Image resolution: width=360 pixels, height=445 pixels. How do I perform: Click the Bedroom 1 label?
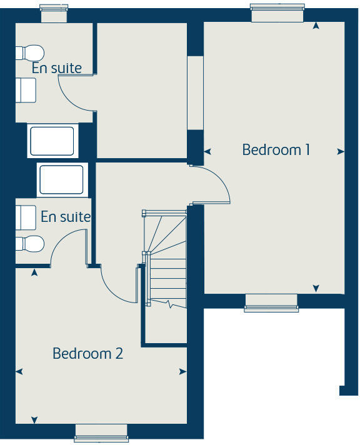[276, 150]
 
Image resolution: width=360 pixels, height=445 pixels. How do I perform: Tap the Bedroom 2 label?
[87, 353]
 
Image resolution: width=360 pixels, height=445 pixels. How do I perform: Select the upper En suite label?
[56, 68]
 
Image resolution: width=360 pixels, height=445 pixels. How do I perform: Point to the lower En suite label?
[66, 217]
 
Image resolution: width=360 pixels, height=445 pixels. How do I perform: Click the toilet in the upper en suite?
[29, 52]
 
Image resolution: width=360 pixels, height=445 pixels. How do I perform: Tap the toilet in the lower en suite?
[29, 243]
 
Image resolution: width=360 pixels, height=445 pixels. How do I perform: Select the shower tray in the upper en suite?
[52, 141]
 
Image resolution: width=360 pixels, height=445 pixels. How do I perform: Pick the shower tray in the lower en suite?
[61, 179]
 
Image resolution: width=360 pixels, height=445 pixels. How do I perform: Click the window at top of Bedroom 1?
[277, 12]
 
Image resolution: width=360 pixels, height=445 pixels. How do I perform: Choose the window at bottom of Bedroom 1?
[271, 302]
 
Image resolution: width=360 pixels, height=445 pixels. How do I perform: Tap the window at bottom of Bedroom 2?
[101, 432]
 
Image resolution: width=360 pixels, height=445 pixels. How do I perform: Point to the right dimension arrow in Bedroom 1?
[341, 151]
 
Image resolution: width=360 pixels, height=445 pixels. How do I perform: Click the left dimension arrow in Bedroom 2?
[19, 371]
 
